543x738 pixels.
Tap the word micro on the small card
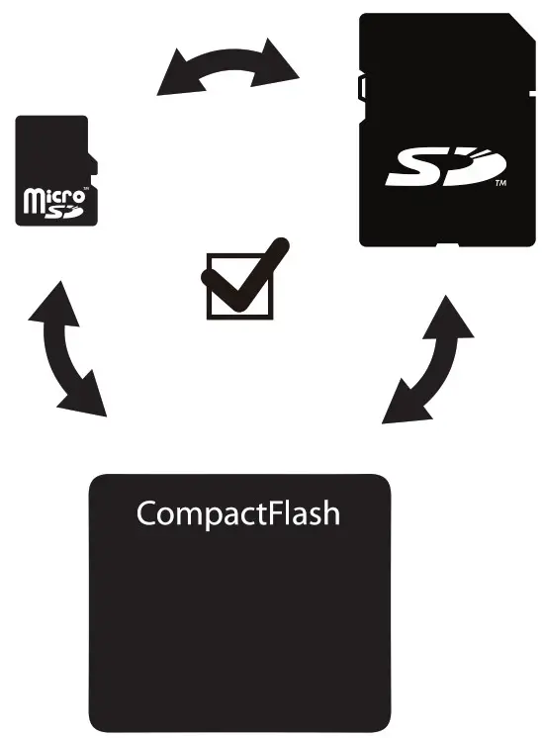(x=49, y=196)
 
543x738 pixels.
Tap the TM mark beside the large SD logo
(x=500, y=184)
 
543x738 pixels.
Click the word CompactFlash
(x=237, y=513)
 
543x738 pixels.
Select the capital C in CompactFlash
(x=147, y=513)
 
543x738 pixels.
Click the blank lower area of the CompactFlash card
(x=239, y=633)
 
